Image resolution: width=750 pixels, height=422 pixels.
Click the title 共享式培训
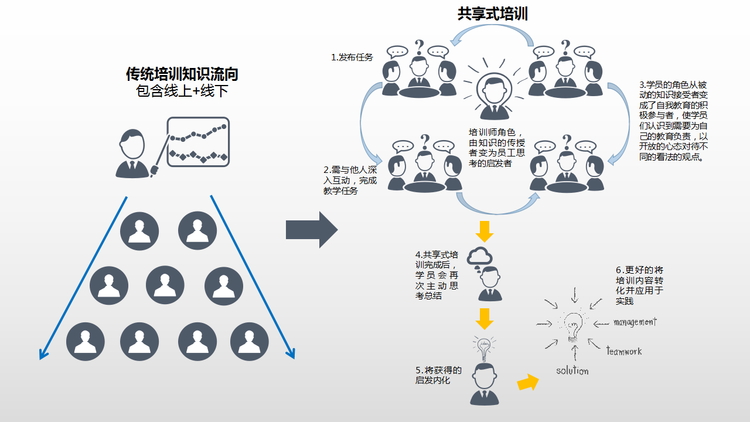(x=492, y=14)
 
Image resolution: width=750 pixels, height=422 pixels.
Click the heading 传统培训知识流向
(x=182, y=74)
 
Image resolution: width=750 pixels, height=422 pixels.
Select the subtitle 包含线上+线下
(x=182, y=91)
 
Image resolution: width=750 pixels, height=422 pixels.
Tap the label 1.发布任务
(x=352, y=57)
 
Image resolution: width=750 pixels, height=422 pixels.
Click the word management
(x=635, y=322)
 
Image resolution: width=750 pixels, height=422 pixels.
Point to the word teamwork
(x=623, y=351)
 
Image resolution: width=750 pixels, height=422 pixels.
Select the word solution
(x=572, y=370)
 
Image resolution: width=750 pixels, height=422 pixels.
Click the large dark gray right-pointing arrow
(x=312, y=230)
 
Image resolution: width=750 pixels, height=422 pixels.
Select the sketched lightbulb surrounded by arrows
(x=572, y=326)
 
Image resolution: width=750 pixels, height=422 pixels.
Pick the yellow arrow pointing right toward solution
(x=528, y=383)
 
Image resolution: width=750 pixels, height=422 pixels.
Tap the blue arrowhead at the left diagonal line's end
(x=42, y=353)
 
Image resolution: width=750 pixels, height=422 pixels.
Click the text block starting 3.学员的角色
(x=673, y=121)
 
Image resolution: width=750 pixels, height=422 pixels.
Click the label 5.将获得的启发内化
(x=438, y=375)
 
